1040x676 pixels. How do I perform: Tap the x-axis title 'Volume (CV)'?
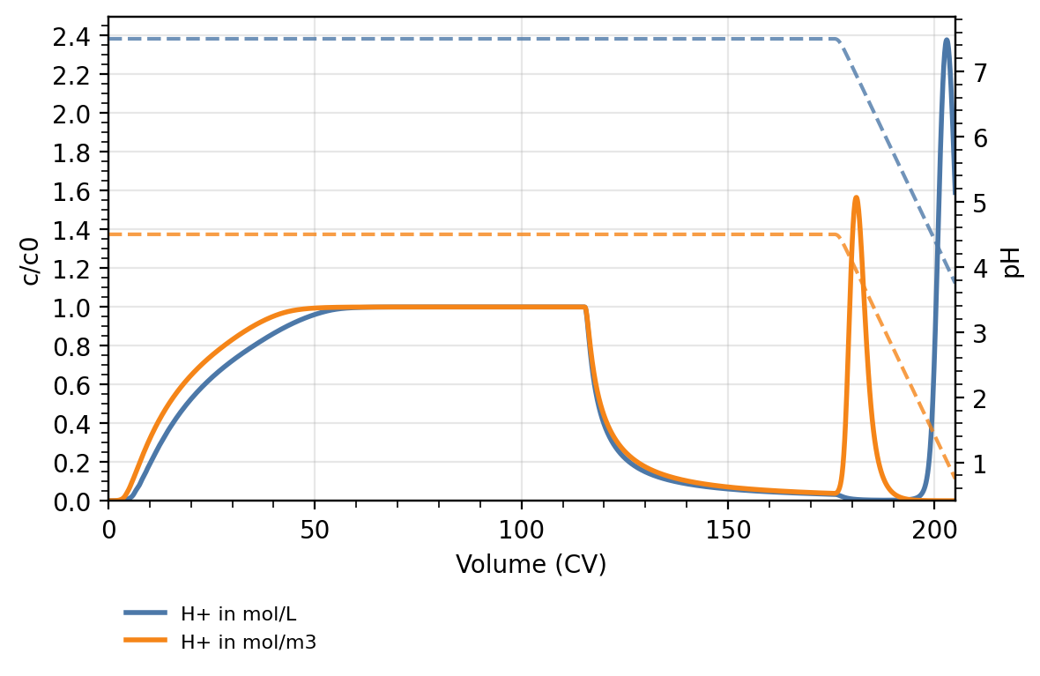tap(531, 564)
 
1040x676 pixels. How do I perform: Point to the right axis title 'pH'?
tap(1014, 262)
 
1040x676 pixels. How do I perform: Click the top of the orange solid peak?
tap(856, 197)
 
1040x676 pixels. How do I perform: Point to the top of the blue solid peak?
tap(947, 40)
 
